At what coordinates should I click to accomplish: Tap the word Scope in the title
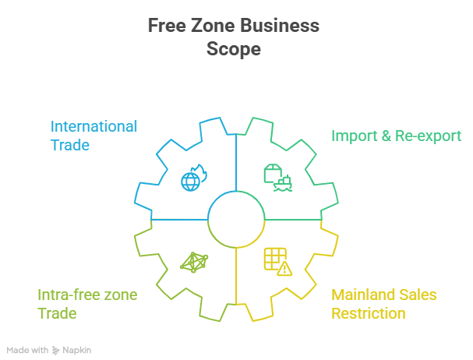[x=233, y=48]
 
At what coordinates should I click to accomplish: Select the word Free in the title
[x=165, y=26]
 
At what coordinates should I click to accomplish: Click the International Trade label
[x=94, y=136]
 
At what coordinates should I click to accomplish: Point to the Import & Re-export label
[x=396, y=135]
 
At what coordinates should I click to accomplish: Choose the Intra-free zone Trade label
[x=87, y=304]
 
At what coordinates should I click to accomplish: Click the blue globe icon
[x=192, y=179]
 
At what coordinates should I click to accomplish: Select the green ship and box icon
[x=278, y=178]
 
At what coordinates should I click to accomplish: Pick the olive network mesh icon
[x=192, y=262]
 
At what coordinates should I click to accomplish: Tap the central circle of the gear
[x=235, y=220]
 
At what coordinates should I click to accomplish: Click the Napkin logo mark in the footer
[x=56, y=351]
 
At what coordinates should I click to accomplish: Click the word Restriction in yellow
[x=368, y=313]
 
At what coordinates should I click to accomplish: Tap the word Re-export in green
[x=427, y=135]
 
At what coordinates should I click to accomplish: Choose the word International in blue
[x=94, y=126]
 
